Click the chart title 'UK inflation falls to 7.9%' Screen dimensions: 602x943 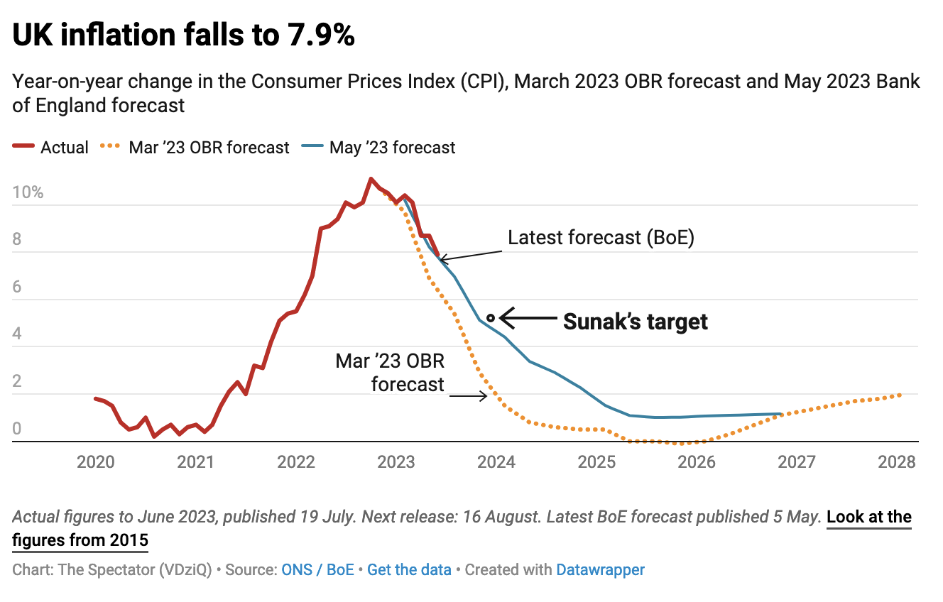click(x=183, y=35)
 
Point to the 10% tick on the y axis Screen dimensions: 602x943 click(x=28, y=193)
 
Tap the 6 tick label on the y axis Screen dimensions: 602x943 click(x=17, y=288)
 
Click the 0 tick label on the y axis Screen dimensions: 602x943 click(x=17, y=429)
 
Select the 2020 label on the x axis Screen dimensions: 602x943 click(x=95, y=462)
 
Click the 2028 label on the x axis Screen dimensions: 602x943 click(x=897, y=462)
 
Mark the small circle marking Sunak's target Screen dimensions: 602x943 click(x=491, y=317)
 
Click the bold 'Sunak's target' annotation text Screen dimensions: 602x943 click(x=636, y=322)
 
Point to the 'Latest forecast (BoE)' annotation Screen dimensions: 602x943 click(x=601, y=238)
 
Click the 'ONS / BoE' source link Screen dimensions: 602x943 click(x=317, y=569)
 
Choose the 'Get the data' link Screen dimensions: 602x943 click(x=409, y=569)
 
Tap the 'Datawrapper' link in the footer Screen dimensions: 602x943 click(x=600, y=569)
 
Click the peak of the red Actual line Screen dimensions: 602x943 click(x=371, y=179)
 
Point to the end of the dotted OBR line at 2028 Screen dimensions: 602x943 click(x=900, y=395)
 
